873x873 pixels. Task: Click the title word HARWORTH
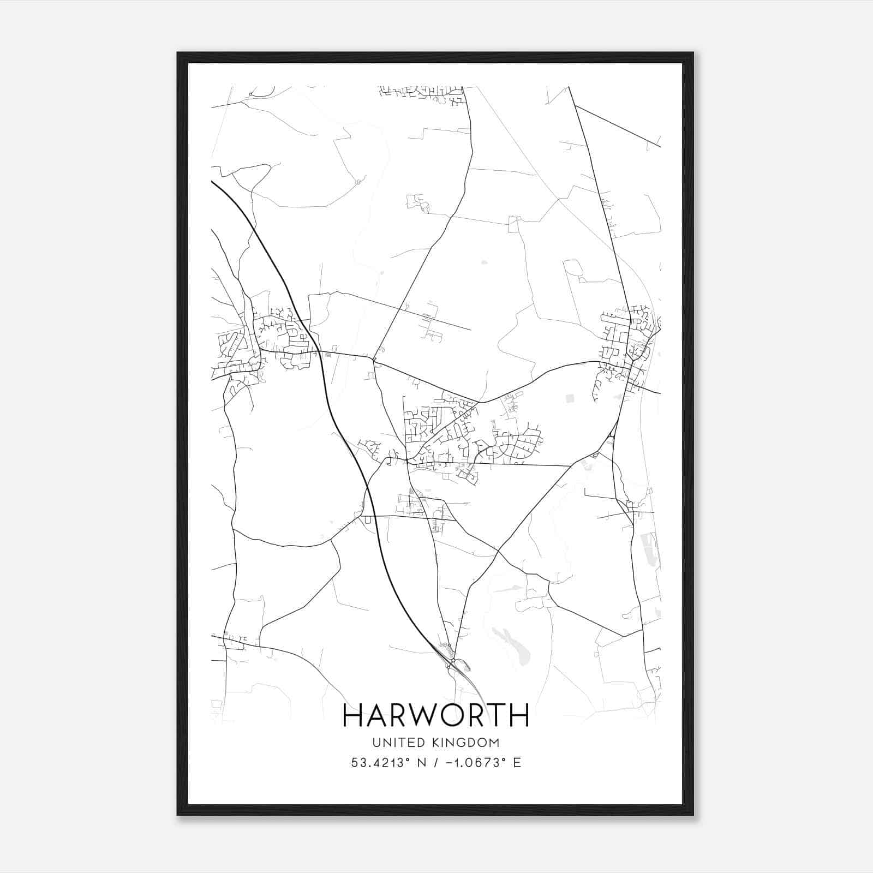pyautogui.click(x=436, y=715)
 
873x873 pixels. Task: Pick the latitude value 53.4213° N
pyautogui.click(x=387, y=763)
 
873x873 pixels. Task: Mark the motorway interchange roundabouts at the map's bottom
pyautogui.click(x=450, y=662)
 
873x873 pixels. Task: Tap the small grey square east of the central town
pyautogui.click(x=570, y=399)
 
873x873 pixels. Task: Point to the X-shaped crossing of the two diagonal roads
pyautogui.click(x=498, y=552)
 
